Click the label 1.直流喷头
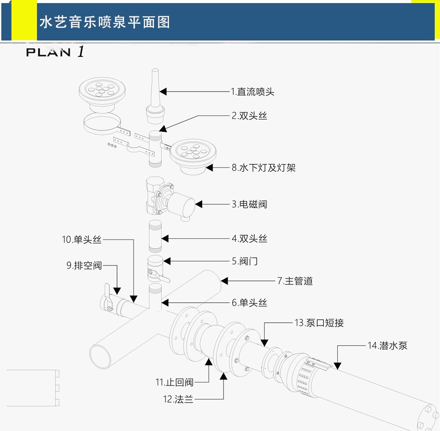253,92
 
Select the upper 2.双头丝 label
249,116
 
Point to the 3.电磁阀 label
249,204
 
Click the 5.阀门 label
245,262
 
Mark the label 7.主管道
295,281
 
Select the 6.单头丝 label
249,303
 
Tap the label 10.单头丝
82,240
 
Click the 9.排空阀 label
84,265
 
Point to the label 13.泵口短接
319,323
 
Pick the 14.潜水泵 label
388,346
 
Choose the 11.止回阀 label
174,382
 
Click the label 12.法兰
178,399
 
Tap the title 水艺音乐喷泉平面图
105,22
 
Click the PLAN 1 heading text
55,52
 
